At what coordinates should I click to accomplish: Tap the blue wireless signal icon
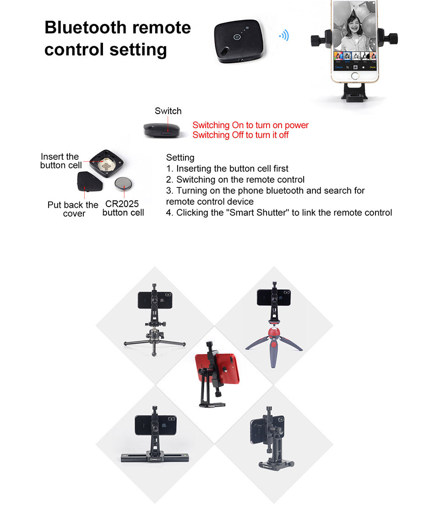(x=284, y=35)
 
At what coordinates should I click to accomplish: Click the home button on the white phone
(x=355, y=76)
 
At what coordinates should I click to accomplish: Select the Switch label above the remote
(x=168, y=111)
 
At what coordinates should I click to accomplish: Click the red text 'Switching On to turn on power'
(x=250, y=125)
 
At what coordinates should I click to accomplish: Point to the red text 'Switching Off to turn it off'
(x=240, y=135)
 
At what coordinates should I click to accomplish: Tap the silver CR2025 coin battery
(x=123, y=184)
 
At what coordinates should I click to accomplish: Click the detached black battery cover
(x=90, y=181)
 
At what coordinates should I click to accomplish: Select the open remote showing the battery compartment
(x=107, y=163)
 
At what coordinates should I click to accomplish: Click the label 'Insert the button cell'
(x=60, y=161)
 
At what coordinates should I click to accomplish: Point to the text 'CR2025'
(x=122, y=204)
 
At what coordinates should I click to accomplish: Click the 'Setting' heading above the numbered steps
(x=180, y=158)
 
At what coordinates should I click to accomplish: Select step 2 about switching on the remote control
(x=235, y=179)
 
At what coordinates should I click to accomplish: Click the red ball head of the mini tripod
(x=274, y=333)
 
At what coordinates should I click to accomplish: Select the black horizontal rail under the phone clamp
(x=155, y=458)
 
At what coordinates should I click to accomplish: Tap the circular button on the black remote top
(x=237, y=37)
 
